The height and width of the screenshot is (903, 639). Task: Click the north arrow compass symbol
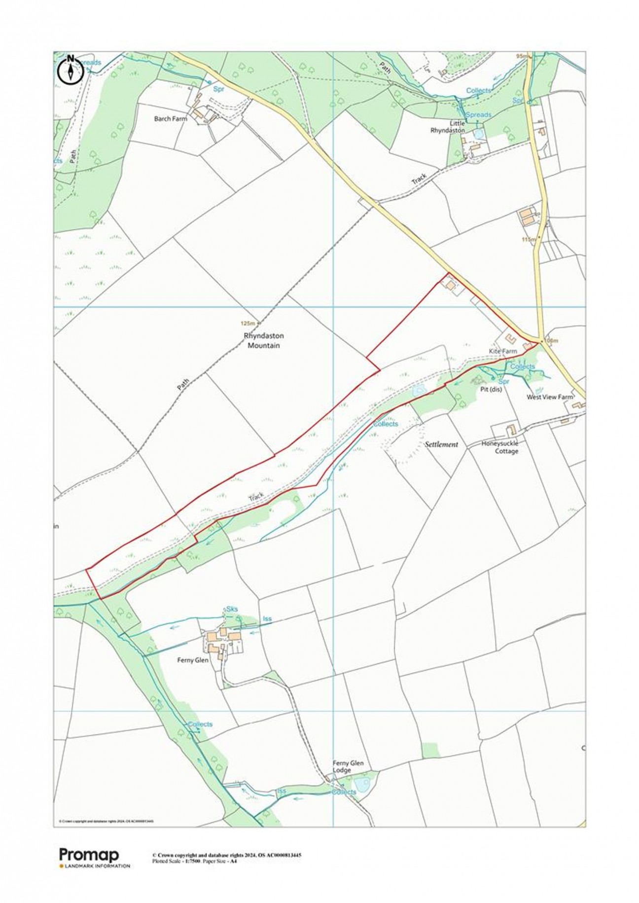71,71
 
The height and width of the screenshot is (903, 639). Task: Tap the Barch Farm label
171,119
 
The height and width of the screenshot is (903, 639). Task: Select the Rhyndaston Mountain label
264,340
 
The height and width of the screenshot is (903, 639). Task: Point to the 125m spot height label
248,324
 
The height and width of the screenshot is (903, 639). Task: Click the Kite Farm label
502,351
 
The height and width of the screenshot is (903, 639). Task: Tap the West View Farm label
550,397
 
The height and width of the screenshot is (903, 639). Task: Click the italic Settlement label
441,444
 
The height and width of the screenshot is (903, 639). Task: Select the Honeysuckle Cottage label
500,447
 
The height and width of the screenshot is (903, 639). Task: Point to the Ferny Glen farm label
193,660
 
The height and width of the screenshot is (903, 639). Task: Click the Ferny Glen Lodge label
348,766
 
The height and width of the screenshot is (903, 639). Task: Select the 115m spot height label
528,239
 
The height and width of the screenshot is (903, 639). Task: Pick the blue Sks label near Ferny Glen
232,609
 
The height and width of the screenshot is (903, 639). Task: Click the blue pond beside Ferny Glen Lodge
361,785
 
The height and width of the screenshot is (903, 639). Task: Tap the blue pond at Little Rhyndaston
478,134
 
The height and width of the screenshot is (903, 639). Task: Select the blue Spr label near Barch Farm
218,90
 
